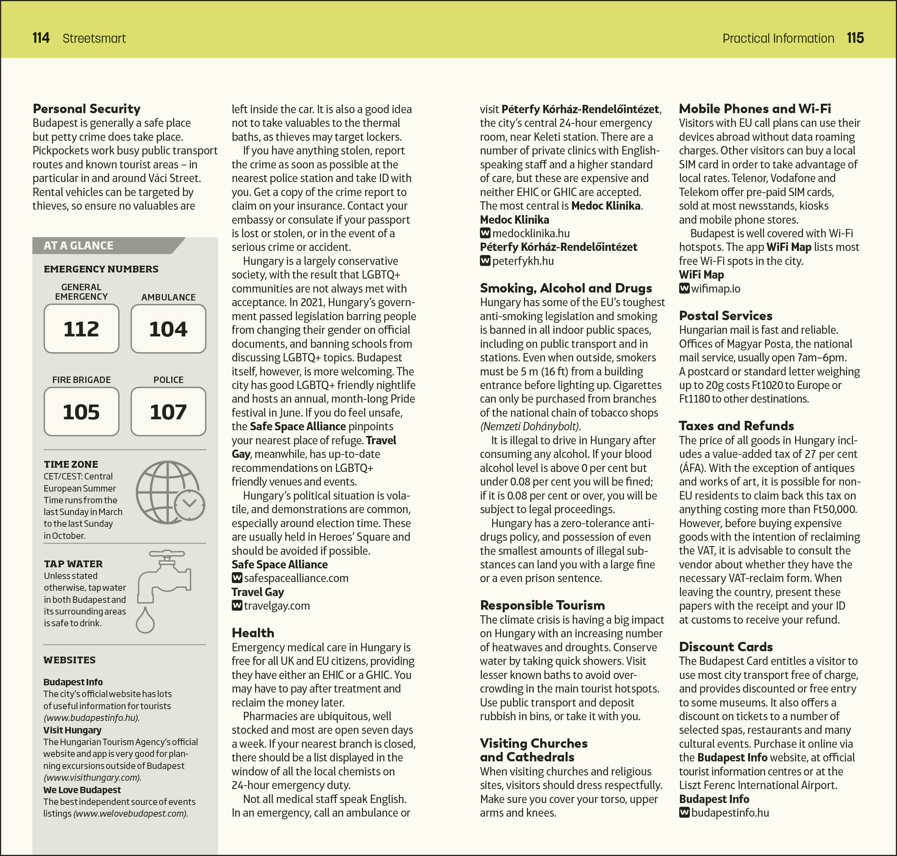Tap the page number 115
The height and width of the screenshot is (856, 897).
(x=855, y=38)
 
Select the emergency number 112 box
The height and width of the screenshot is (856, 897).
(x=81, y=328)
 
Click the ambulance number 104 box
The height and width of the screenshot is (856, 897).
(x=168, y=328)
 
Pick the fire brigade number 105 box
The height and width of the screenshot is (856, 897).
(x=81, y=412)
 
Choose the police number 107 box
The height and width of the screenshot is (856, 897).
(x=168, y=412)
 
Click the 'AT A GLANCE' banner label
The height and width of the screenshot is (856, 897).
(x=78, y=246)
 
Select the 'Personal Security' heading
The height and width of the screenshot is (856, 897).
(x=87, y=109)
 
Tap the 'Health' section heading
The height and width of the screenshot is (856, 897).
(x=253, y=632)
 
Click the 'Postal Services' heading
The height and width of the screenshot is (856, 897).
(x=725, y=315)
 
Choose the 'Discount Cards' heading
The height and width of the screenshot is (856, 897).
(x=725, y=647)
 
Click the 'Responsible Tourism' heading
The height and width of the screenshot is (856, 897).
(x=542, y=605)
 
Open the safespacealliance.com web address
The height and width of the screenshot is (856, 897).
(x=296, y=578)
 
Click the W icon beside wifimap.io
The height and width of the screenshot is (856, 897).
(x=684, y=288)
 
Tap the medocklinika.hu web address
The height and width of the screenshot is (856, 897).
(x=531, y=233)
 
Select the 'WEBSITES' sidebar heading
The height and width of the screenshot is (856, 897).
(x=69, y=660)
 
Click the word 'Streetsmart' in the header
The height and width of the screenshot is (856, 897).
(x=94, y=38)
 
